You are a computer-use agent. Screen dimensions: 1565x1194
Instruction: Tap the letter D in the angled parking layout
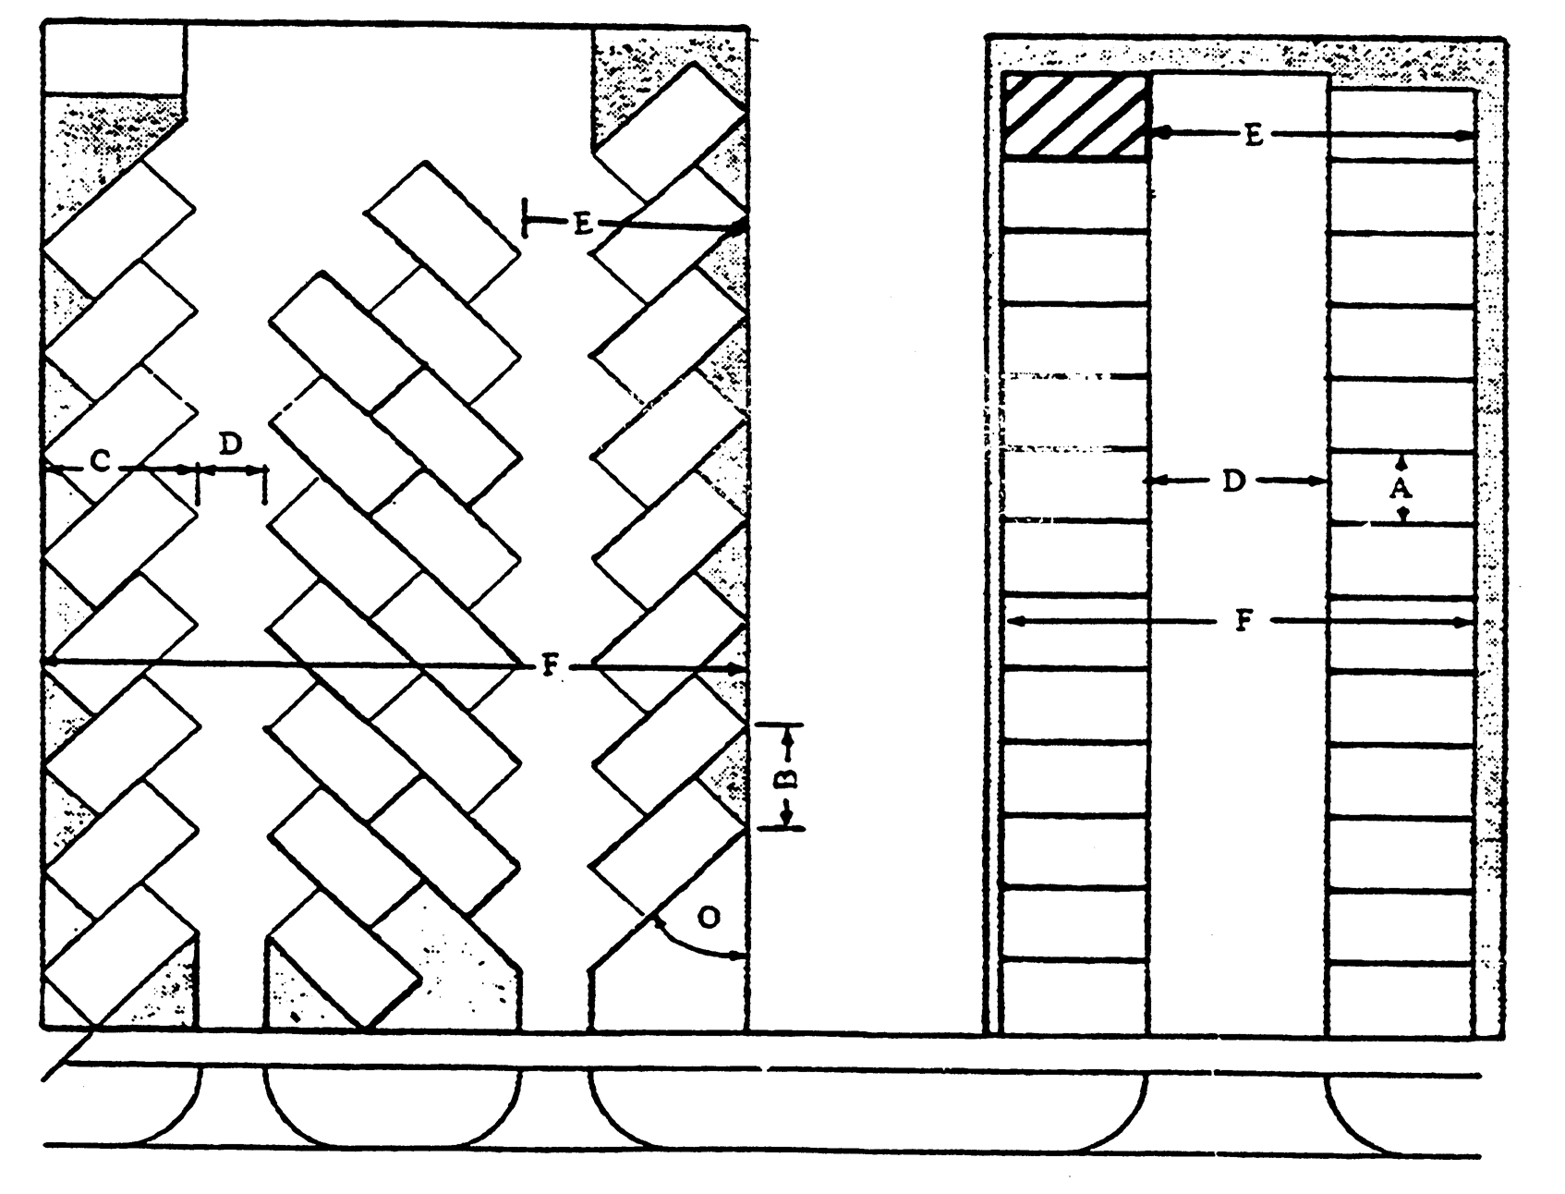click(x=230, y=445)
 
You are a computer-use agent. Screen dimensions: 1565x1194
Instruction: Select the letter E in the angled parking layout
click(x=582, y=225)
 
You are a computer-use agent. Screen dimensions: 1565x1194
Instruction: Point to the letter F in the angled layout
click(x=550, y=666)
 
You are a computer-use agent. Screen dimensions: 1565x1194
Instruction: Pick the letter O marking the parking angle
click(x=709, y=917)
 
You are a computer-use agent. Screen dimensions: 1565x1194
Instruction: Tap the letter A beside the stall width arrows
click(x=1401, y=489)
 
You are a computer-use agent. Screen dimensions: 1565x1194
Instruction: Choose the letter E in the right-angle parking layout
click(x=1253, y=135)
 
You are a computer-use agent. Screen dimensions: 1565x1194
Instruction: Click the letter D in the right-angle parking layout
click(x=1234, y=481)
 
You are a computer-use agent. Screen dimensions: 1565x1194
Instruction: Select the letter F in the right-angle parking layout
click(x=1243, y=622)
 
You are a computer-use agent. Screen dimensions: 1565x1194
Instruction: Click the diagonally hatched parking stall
click(x=1076, y=116)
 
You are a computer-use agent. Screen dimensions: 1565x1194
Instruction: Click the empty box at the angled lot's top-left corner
click(x=114, y=57)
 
